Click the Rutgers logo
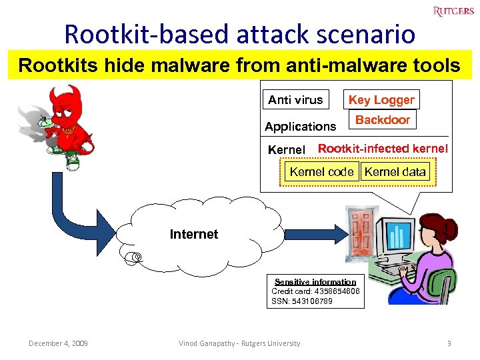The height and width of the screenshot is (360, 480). (453, 11)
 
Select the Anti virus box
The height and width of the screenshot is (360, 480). (295, 100)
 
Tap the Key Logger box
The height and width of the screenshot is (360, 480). (381, 100)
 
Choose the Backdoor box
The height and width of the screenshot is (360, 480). (382, 120)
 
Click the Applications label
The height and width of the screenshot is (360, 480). (301, 126)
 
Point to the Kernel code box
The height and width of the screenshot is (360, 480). (321, 171)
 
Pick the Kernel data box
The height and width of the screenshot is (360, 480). (395, 171)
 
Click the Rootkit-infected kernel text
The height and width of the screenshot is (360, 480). (383, 149)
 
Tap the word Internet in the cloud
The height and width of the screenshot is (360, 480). (194, 234)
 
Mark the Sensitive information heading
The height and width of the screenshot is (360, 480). (315, 282)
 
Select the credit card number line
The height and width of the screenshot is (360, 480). (315, 291)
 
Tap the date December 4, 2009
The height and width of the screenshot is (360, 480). (58, 343)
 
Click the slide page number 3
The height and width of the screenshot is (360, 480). (449, 343)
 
